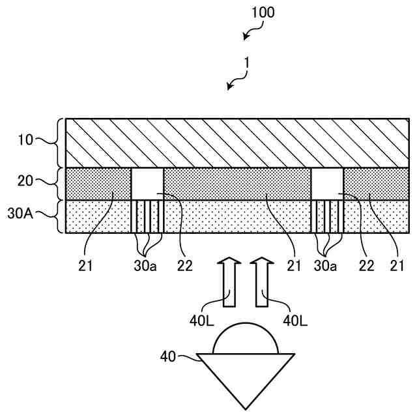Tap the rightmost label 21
tap(397, 265)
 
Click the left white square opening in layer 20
tap(147, 184)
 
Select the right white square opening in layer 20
tap(327, 184)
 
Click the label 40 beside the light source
tap(169, 356)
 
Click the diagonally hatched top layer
tap(238, 143)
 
